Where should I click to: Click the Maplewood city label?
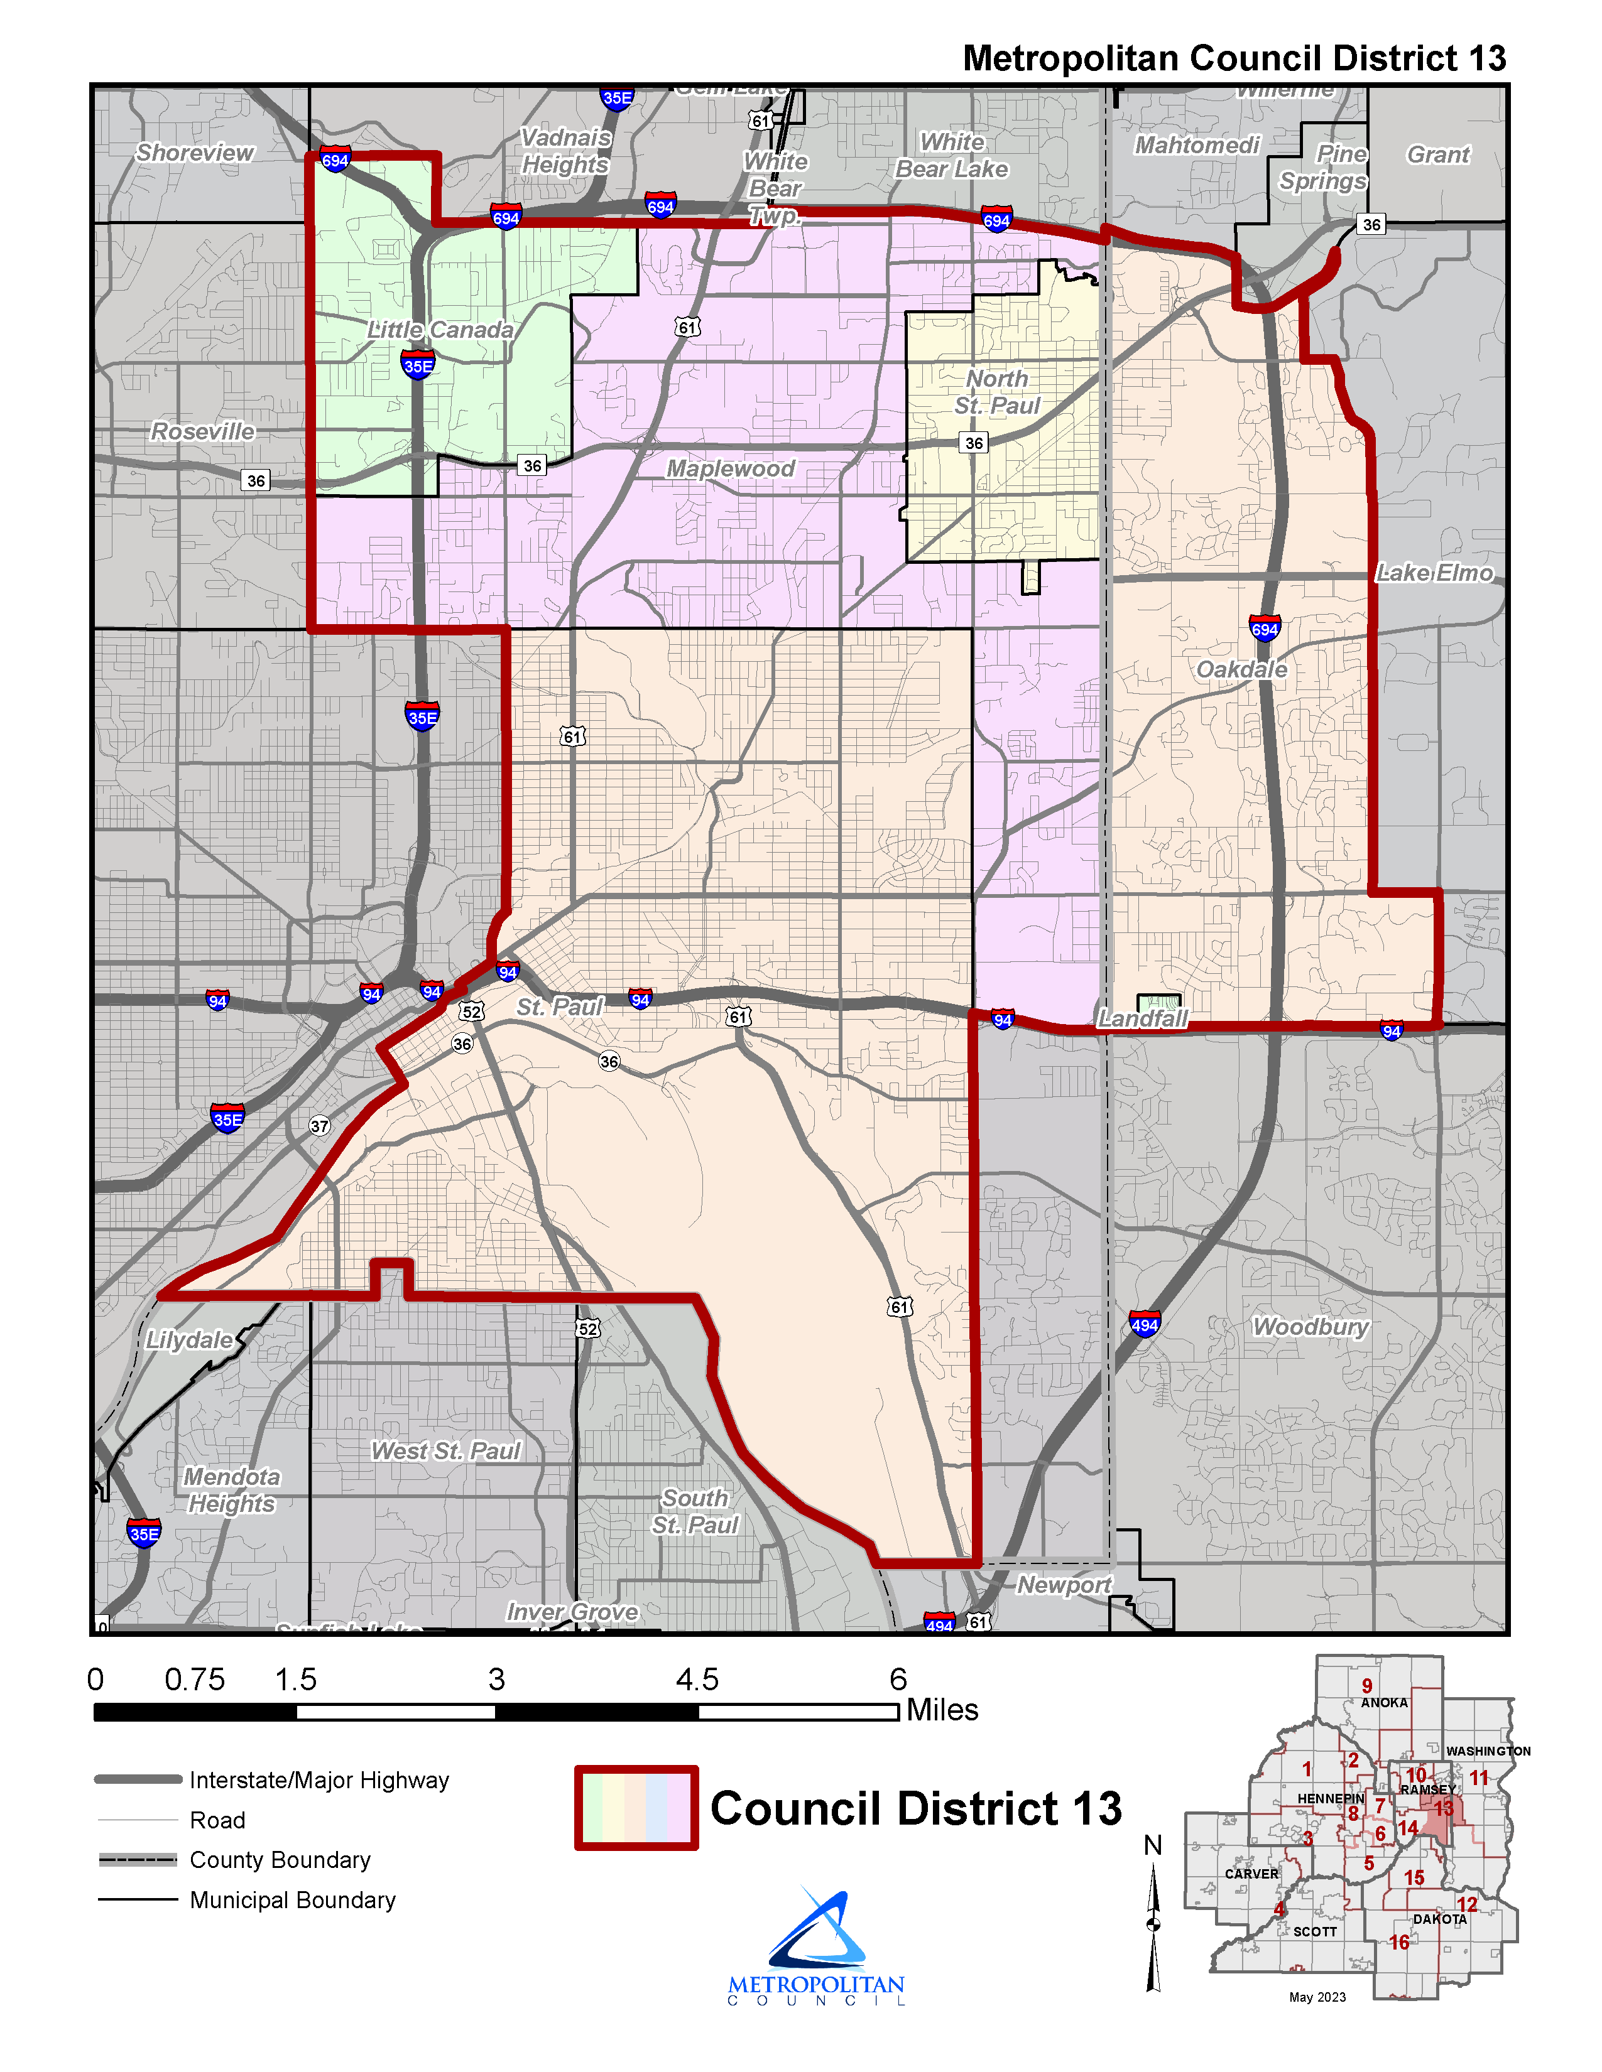pyautogui.click(x=730, y=468)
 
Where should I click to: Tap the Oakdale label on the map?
pyautogui.click(x=1241, y=670)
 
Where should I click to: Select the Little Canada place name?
pyautogui.click(x=440, y=330)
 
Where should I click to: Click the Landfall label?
pyautogui.click(x=1142, y=1019)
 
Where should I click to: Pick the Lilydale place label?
pyautogui.click(x=189, y=1340)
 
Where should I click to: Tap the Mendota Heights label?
pyautogui.click(x=232, y=1491)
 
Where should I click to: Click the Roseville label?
pyautogui.click(x=202, y=432)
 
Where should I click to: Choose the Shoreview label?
pyautogui.click(x=195, y=153)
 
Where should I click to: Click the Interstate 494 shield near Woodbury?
pyautogui.click(x=1145, y=1324)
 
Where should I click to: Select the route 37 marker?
pyautogui.click(x=320, y=1126)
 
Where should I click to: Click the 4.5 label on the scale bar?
pyautogui.click(x=697, y=1680)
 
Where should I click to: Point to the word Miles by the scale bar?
pyautogui.click(x=942, y=1710)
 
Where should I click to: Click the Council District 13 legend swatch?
pyautogui.click(x=636, y=1808)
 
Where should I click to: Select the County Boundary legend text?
pyautogui.click(x=280, y=1860)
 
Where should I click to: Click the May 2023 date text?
pyautogui.click(x=1317, y=1997)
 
